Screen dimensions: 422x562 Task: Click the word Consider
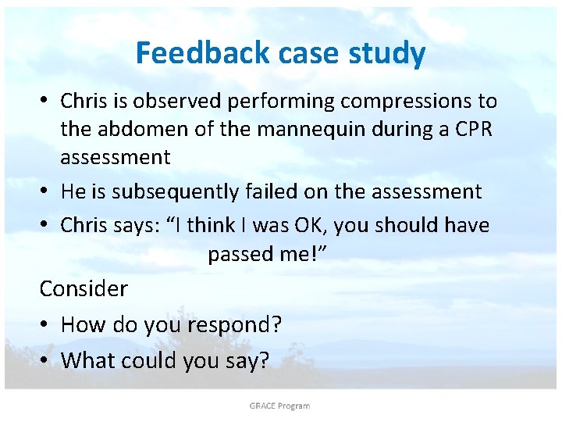coord(84,288)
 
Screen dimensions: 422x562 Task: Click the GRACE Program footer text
coord(279,406)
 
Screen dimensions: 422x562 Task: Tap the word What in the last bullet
coord(86,360)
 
